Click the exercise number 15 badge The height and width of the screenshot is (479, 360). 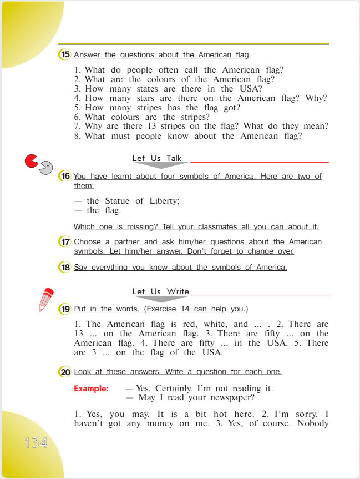65,54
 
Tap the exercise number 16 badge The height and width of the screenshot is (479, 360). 65,177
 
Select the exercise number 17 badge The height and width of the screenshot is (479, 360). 65,242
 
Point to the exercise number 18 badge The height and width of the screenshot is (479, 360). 65,267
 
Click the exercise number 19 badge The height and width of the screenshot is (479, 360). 65,309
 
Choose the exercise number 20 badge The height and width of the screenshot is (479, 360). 65,372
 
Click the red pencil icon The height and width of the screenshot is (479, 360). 46,300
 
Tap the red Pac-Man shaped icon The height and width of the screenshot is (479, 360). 31,162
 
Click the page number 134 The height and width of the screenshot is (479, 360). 36,442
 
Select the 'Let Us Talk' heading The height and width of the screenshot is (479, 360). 157,158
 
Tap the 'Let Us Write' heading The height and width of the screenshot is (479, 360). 161,291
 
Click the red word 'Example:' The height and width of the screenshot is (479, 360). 91,389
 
